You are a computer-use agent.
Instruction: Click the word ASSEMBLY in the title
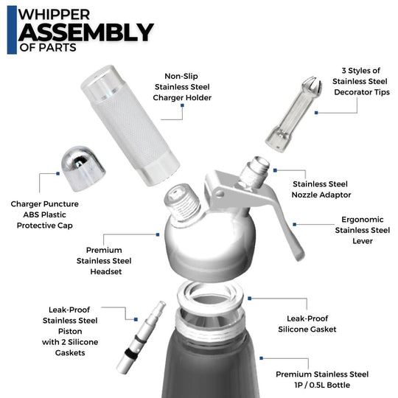85,32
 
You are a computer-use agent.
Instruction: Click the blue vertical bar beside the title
11,29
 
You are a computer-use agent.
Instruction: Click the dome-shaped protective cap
82,164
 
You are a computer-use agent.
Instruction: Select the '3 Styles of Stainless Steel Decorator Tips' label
360,81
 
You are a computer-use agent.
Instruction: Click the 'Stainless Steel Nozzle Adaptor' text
321,189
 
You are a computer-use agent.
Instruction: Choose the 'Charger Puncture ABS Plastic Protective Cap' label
45,214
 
